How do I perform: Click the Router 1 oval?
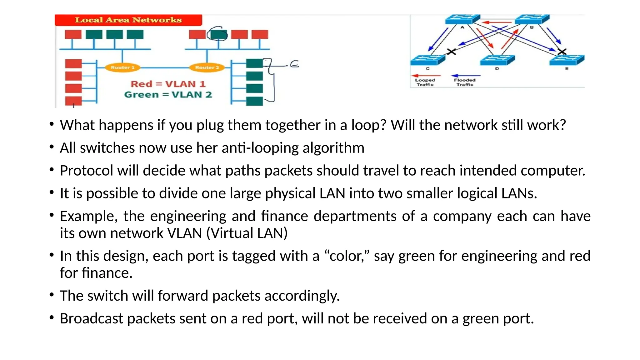(122, 67)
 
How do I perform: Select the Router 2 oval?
(207, 67)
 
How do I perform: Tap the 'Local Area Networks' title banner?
(128, 20)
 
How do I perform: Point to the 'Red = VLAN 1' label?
(168, 84)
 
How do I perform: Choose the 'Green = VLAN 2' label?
(168, 95)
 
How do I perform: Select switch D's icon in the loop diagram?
(497, 60)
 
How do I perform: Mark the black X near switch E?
(562, 52)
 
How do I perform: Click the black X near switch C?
(451, 52)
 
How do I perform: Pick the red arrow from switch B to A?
(497, 22)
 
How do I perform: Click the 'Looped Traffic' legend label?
(425, 82)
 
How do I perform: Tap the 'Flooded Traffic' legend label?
(465, 82)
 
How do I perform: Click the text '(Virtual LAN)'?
(247, 233)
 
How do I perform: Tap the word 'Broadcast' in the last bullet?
(91, 318)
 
